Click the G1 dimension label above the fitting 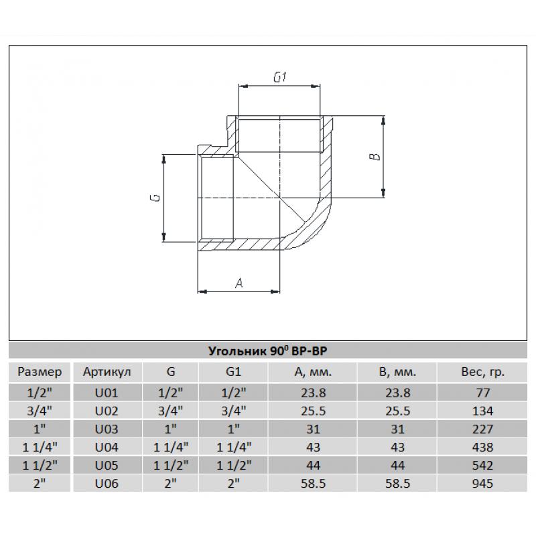[x=280, y=78]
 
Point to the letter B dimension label [x=375, y=157]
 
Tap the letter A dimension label [x=239, y=283]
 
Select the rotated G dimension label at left [x=155, y=198]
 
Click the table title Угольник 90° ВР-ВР [x=267, y=350]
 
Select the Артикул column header [x=107, y=372]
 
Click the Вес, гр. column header [x=482, y=372]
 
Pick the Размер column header [x=40, y=372]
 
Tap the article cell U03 [x=107, y=429]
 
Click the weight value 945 [x=482, y=483]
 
